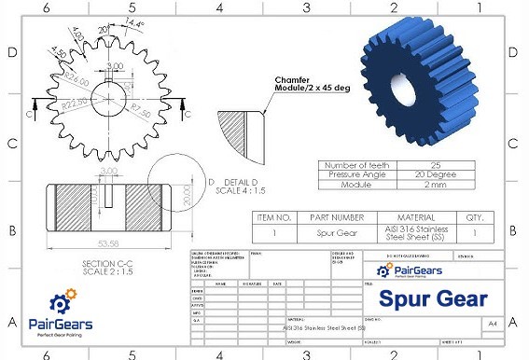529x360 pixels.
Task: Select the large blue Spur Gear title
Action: coord(433,298)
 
